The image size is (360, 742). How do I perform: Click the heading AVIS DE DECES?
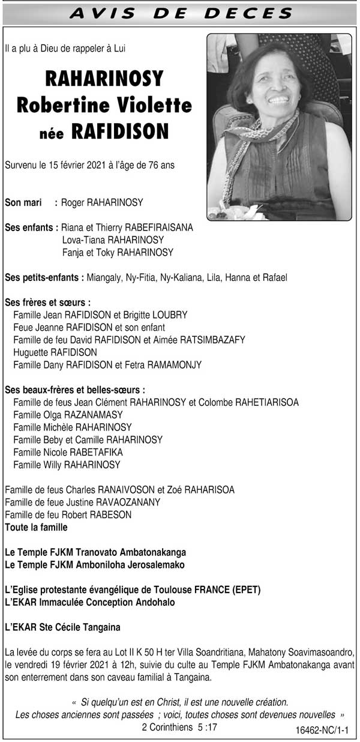[x=180, y=13]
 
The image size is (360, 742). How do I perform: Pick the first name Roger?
[x=73, y=203]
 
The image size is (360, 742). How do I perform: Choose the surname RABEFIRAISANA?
[x=159, y=228]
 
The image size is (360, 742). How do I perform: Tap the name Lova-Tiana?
[x=82, y=241]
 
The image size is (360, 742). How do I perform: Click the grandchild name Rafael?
[x=274, y=277]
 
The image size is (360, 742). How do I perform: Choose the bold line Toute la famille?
[x=36, y=528]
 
